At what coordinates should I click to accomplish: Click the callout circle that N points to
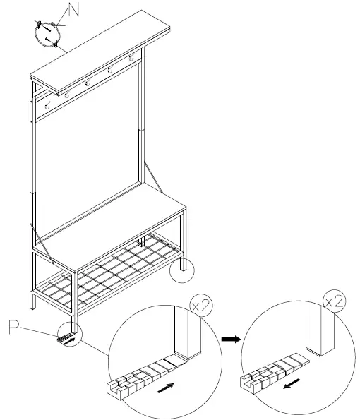49,32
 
